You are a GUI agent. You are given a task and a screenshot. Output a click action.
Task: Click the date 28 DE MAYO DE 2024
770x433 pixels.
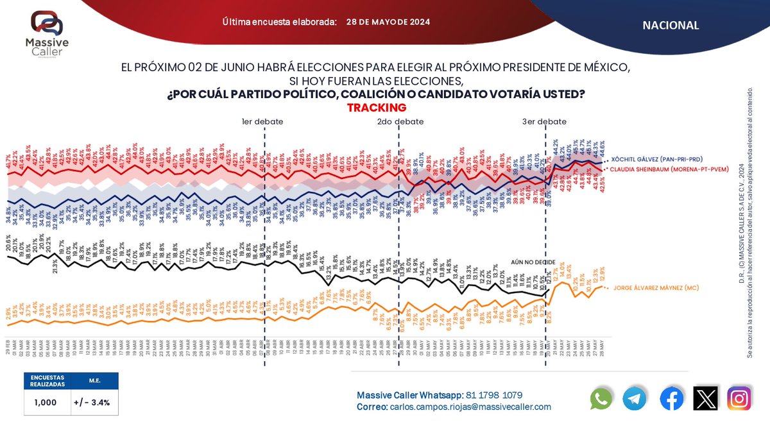tap(388, 22)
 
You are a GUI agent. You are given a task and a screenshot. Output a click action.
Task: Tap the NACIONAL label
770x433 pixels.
tap(670, 25)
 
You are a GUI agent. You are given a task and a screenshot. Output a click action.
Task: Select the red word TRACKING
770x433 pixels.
tap(377, 108)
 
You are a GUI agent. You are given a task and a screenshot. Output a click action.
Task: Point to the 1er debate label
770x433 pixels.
tap(262, 121)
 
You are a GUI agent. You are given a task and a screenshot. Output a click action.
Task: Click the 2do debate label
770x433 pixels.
tap(399, 121)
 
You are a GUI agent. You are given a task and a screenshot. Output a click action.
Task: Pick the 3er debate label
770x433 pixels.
tap(544, 121)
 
